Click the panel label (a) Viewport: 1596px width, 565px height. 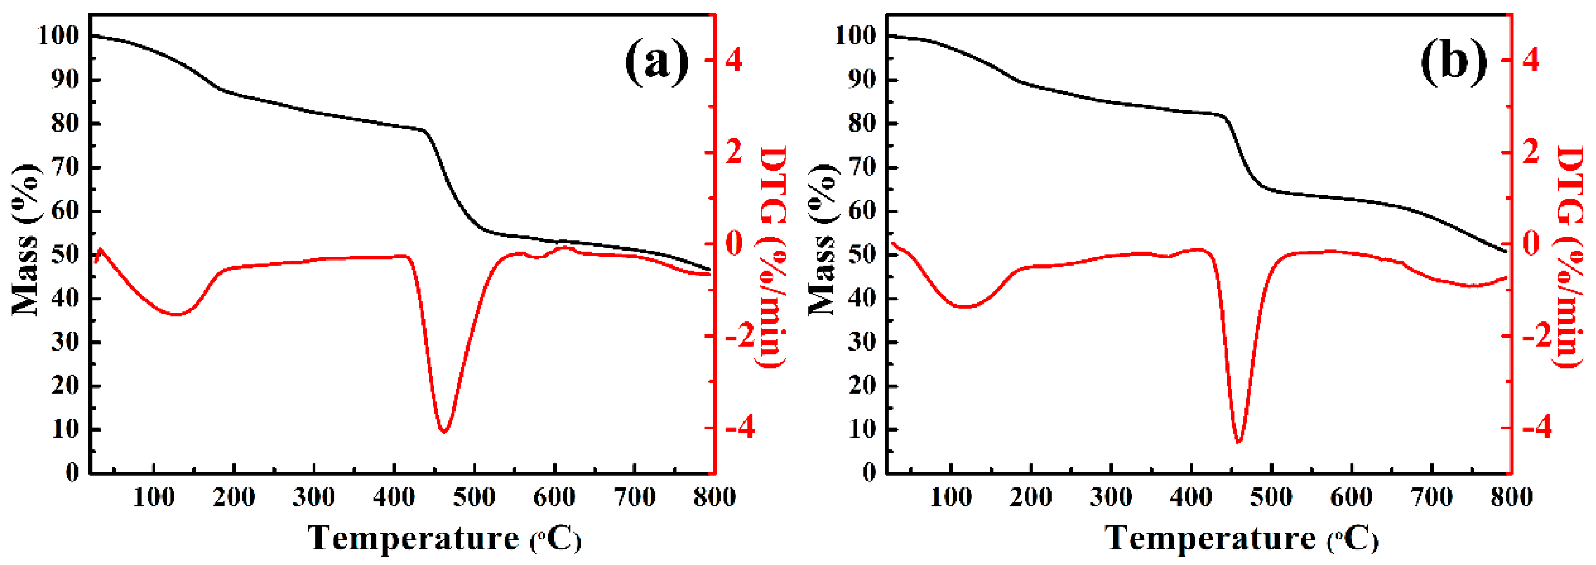point(657,62)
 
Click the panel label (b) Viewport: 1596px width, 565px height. point(1454,62)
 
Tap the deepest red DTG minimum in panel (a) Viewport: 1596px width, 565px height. point(444,431)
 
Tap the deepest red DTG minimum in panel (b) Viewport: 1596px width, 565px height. point(1238,442)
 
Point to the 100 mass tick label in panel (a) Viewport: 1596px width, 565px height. point(59,36)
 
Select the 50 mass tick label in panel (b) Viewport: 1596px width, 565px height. point(864,255)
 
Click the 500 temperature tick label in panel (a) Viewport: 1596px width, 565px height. point(474,497)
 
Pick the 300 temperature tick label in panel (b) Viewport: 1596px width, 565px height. point(1111,497)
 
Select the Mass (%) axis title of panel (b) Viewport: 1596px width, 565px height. point(823,239)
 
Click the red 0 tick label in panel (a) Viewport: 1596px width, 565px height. point(734,243)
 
